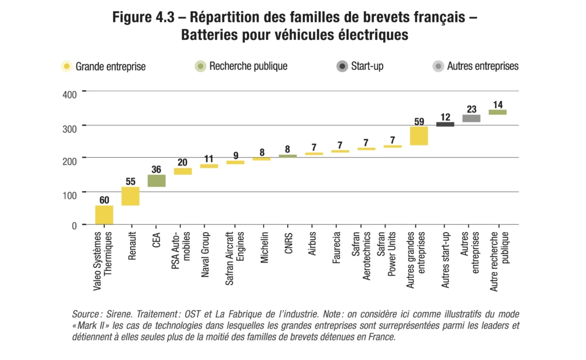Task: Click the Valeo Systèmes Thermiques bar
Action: [x=104, y=215]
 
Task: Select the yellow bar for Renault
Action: [x=130, y=196]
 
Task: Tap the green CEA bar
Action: [x=156, y=181]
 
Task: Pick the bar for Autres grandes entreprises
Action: [x=418, y=135]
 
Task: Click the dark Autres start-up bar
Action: [x=445, y=124]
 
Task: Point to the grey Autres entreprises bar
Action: [x=471, y=118]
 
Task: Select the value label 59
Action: [x=418, y=122]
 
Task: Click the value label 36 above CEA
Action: [x=156, y=170]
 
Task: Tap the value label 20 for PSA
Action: [x=183, y=163]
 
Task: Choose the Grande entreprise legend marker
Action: [x=67, y=66]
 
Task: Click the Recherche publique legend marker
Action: [x=200, y=66]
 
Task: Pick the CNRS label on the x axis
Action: [x=288, y=243]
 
